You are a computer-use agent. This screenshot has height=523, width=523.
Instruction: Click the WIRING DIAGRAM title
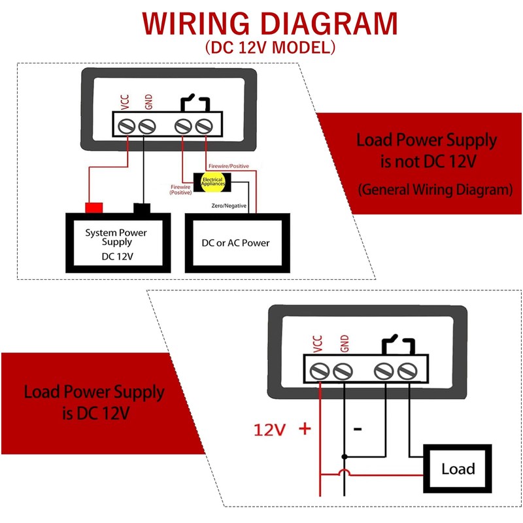(x=270, y=24)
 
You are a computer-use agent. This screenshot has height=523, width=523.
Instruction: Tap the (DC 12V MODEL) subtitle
(x=270, y=47)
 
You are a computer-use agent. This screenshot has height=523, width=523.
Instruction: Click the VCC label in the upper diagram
(x=125, y=102)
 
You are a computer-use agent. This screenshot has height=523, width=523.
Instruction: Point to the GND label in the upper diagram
(x=148, y=102)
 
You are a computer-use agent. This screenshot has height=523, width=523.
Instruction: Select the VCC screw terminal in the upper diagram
(x=127, y=127)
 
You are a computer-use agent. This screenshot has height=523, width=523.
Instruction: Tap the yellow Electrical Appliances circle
(x=213, y=182)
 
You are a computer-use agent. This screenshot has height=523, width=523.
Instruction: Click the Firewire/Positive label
(x=229, y=166)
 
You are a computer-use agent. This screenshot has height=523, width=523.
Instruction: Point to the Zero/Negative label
(x=229, y=206)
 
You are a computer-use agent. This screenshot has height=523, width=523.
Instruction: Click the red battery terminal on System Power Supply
(x=94, y=207)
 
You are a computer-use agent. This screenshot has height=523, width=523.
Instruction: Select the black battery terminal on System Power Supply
(x=142, y=208)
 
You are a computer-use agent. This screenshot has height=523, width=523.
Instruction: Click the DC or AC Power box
(x=237, y=243)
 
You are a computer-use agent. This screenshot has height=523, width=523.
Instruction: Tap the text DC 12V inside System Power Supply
(x=118, y=256)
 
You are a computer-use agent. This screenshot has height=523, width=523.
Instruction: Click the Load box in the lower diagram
(x=458, y=469)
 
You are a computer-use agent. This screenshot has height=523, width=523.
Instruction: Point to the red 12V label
(x=269, y=430)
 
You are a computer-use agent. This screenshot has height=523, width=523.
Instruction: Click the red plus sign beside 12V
(x=305, y=428)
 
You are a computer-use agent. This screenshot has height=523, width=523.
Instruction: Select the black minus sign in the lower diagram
(x=358, y=429)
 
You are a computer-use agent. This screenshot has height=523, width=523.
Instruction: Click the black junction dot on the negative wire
(x=345, y=456)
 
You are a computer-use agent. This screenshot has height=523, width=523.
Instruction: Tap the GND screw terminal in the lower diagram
(x=343, y=371)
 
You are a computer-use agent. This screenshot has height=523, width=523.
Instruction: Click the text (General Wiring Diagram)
(x=435, y=190)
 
